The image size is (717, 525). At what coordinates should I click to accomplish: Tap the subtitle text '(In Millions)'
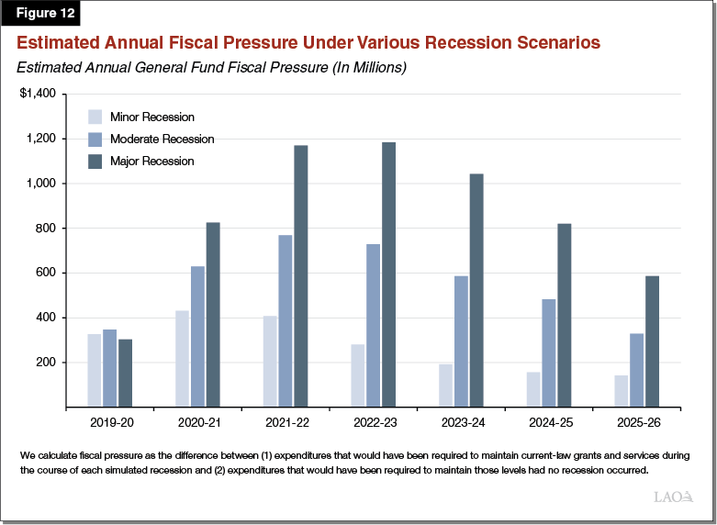[364, 67]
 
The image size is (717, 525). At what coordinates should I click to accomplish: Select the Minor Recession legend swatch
[95, 117]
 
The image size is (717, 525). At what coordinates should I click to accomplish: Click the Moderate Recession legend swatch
[95, 140]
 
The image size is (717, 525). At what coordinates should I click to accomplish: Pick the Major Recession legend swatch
[95, 162]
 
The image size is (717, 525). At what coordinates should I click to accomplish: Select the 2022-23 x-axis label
[373, 424]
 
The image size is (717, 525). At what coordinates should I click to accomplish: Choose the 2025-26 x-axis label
[636, 424]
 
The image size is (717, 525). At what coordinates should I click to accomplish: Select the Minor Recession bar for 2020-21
[182, 358]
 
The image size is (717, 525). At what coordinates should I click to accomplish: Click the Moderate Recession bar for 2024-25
[548, 352]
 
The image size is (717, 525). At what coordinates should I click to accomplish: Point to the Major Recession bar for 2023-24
[476, 290]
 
